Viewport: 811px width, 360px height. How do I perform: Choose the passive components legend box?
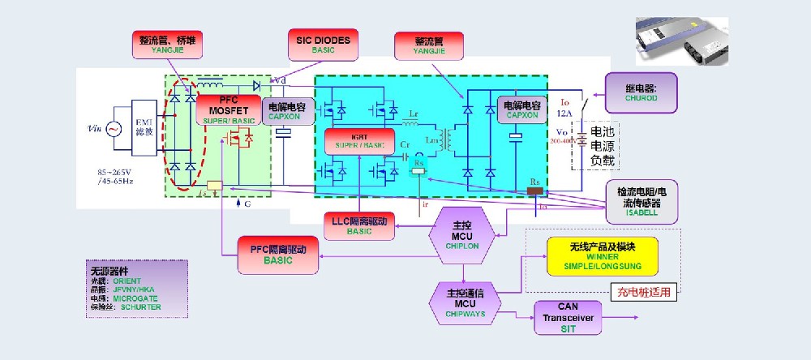(x=136, y=288)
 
